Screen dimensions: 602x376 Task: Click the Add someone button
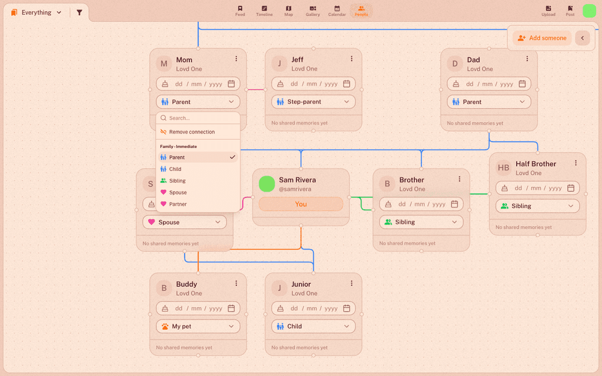[x=541, y=38]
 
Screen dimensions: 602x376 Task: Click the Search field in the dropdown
[x=198, y=118]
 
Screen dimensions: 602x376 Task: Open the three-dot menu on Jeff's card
[x=352, y=59]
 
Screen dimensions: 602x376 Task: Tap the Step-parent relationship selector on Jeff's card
[x=313, y=102]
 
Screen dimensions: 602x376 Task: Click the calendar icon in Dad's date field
[x=522, y=83]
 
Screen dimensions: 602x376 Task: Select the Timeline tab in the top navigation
[x=264, y=11]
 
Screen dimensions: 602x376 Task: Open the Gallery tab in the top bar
[x=313, y=11]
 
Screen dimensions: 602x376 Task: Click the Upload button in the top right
[x=549, y=11]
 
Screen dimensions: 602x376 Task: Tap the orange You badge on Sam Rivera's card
[x=301, y=204]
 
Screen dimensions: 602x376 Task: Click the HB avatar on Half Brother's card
[x=503, y=167]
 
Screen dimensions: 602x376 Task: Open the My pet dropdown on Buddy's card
[x=198, y=326]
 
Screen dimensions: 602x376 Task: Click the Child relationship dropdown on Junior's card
[x=313, y=326]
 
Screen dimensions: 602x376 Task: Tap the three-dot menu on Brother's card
[x=459, y=179]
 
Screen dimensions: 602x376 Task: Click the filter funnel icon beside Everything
[x=79, y=12]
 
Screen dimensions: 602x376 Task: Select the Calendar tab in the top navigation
[x=337, y=11]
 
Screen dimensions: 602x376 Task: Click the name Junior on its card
[x=301, y=284]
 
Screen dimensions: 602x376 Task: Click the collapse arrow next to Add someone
[x=583, y=38]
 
